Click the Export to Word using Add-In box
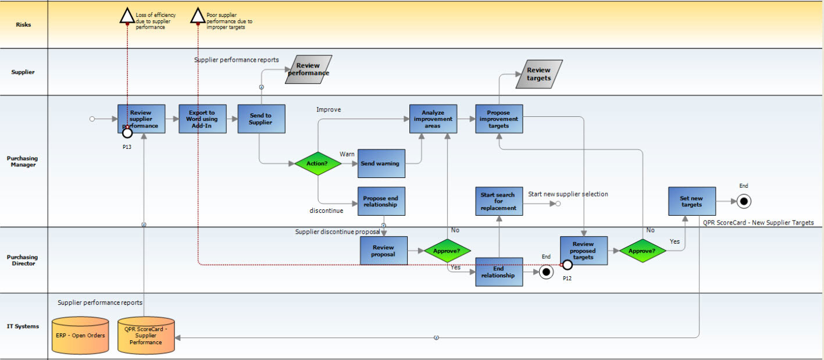pyautogui.click(x=203, y=119)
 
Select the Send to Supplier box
pyautogui.click(x=261, y=119)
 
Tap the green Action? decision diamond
pyautogui.click(x=318, y=163)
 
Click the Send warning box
pyautogui.click(x=381, y=163)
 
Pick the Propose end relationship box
pyautogui.click(x=381, y=201)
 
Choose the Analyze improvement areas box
pyautogui.click(x=433, y=119)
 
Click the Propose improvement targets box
pyautogui.click(x=499, y=119)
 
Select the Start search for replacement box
pyautogui.click(x=499, y=201)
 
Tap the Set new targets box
pyautogui.click(x=692, y=201)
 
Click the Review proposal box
pyautogui.click(x=384, y=251)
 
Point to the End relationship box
pyautogui.click(x=499, y=272)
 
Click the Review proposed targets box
pyautogui.click(x=584, y=251)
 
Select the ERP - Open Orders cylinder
pyautogui.click(x=80, y=336)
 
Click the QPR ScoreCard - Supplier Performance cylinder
pyautogui.click(x=146, y=336)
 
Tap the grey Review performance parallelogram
pyautogui.click(x=309, y=70)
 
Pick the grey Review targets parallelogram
pyautogui.click(x=539, y=74)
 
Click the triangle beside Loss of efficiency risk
pyautogui.click(x=127, y=16)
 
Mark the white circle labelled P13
pyautogui.click(x=127, y=133)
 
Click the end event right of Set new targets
pyautogui.click(x=744, y=201)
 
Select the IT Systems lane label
pyautogui.click(x=23, y=326)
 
